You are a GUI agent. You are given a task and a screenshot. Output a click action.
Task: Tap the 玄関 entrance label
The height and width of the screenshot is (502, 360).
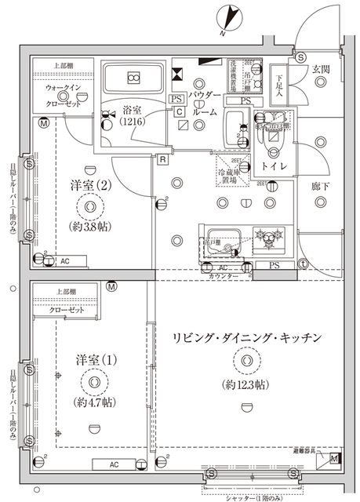click(x=322, y=69)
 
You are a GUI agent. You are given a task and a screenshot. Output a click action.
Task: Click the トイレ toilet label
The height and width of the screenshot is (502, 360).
click(x=273, y=167)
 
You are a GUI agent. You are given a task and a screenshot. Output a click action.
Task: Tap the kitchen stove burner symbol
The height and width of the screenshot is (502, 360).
click(x=269, y=235)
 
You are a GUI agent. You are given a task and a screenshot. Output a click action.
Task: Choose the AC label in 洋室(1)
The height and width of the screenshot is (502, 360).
click(x=113, y=464)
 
